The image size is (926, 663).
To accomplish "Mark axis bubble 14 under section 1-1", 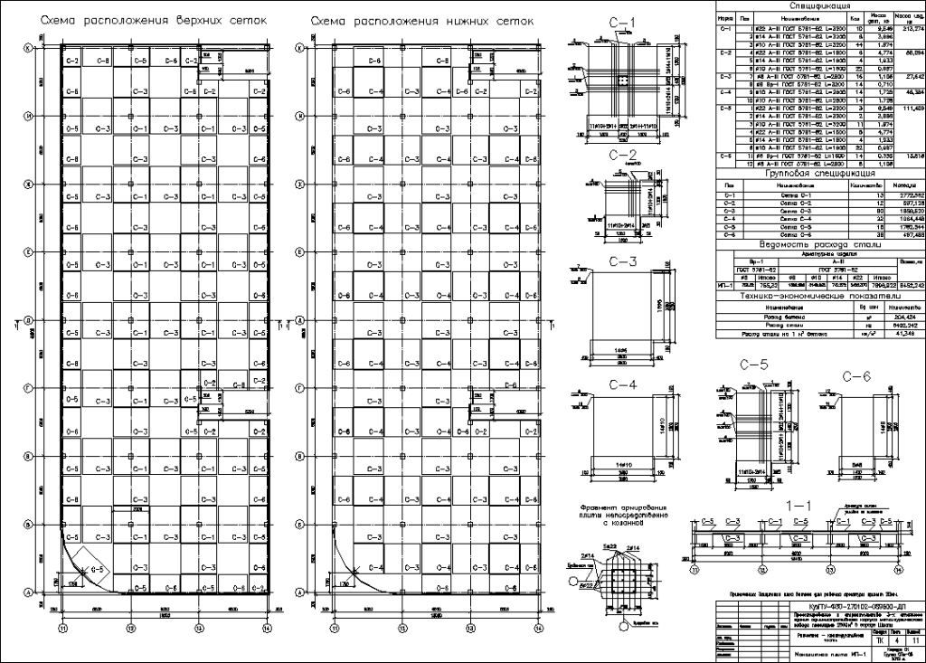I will pyautogui.click(x=898, y=571).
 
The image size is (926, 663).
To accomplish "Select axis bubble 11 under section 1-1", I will pyautogui.click(x=695, y=571).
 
